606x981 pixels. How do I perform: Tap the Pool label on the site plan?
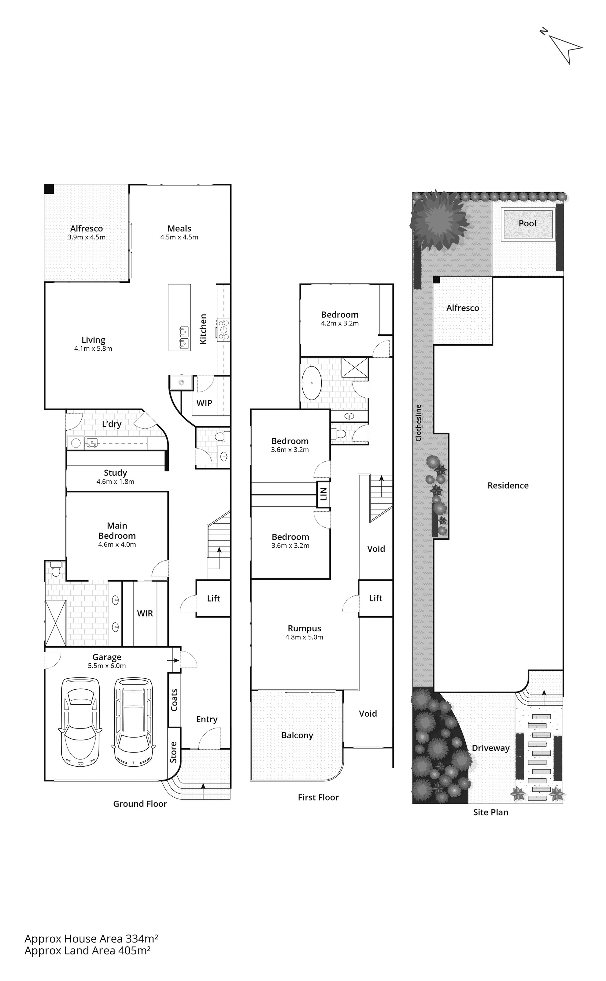pos(527,223)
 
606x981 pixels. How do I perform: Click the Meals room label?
pos(179,228)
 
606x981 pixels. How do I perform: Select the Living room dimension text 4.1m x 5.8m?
pos(93,349)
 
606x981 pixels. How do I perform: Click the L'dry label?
pos(111,424)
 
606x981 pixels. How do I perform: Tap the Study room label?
pos(116,473)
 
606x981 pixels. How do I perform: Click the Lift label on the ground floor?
pos(214,598)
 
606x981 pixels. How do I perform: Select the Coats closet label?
pos(174,700)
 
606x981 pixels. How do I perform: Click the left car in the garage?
pos(80,722)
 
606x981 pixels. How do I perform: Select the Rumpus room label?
pos(304,628)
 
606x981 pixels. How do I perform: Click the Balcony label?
pos(297,735)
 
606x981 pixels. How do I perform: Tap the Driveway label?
pos(490,748)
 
